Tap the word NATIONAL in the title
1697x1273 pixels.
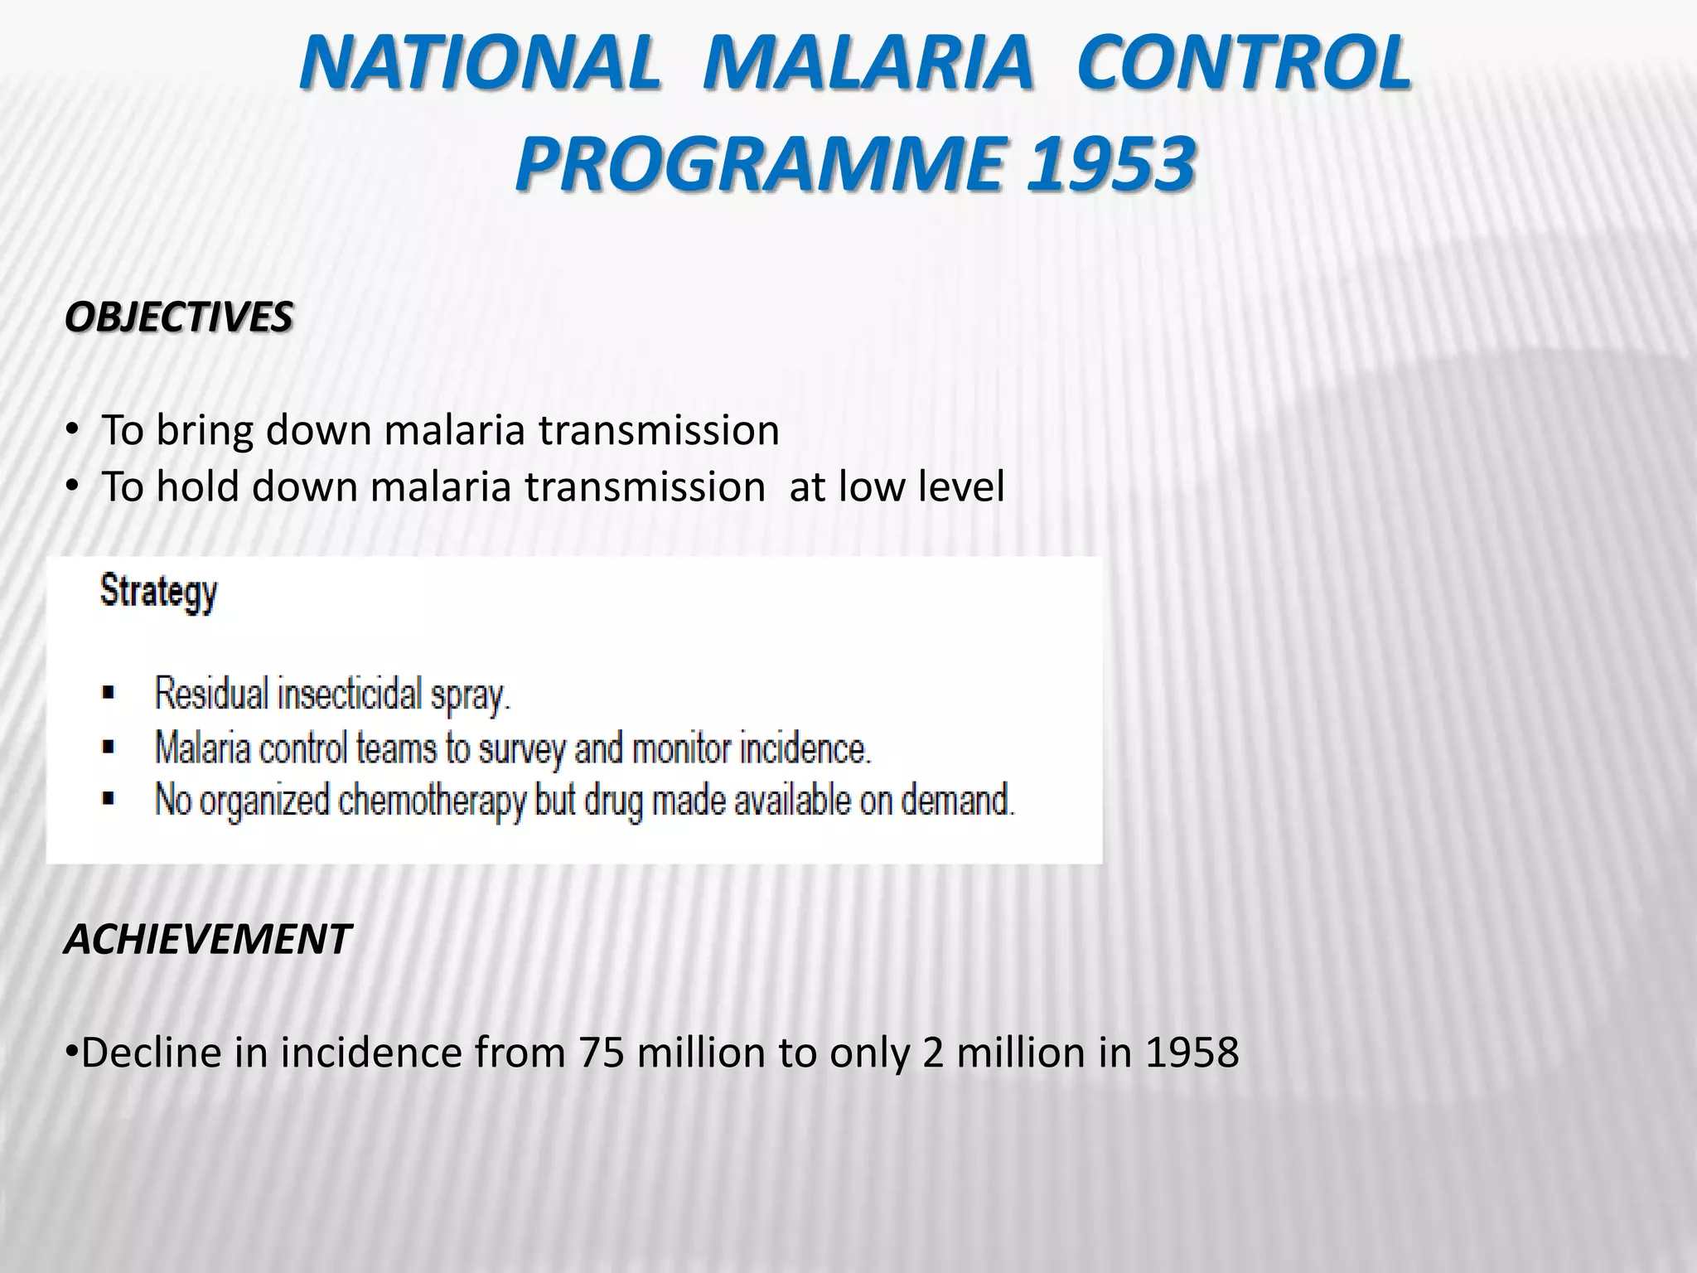click(x=481, y=62)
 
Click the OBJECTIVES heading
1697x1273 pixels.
click(x=178, y=317)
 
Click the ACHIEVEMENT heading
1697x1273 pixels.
click(x=207, y=940)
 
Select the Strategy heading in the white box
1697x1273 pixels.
click(x=158, y=593)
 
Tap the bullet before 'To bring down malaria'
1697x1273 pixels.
click(x=72, y=431)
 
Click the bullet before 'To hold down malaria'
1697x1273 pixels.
click(x=72, y=486)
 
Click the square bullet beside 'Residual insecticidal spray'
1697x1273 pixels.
click(x=109, y=693)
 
